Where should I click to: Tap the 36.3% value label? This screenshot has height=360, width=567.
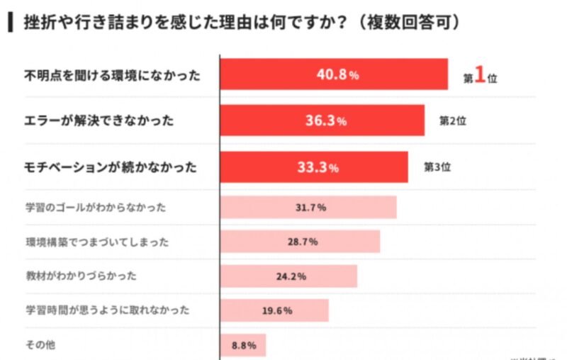tap(325, 121)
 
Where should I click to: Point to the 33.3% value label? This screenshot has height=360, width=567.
tap(317, 168)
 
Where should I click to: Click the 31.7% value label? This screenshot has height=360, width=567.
tap(310, 208)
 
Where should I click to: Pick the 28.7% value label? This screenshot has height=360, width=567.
tap(302, 242)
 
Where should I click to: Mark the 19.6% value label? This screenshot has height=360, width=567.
tap(276, 310)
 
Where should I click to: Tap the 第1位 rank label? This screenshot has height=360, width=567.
tap(481, 77)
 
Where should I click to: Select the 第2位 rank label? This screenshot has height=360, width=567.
tap(453, 120)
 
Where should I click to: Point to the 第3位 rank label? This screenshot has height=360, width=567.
tap(437, 167)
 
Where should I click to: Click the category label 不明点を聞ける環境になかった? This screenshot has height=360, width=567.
tap(113, 74)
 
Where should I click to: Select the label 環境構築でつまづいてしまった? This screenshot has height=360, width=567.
tap(97, 242)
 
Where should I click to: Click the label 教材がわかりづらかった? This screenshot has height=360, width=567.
tap(81, 276)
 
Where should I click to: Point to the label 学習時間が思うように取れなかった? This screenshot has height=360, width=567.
tap(107, 310)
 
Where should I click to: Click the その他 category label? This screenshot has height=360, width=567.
tap(40, 346)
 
